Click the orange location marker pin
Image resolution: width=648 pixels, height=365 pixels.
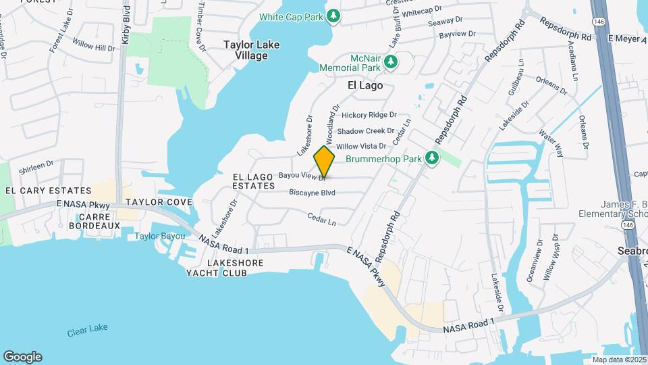pos(325,162)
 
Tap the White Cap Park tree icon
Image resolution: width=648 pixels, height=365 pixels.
pos(333,15)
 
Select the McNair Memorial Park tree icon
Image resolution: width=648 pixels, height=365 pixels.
pos(390,63)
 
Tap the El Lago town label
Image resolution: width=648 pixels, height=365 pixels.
pos(365,85)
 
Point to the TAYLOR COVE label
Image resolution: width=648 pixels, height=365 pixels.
pos(159,202)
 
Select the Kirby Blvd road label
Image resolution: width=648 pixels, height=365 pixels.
pos(126,26)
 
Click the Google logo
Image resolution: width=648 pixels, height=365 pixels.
pos(22,356)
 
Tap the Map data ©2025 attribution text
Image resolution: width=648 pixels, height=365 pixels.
pos(618,360)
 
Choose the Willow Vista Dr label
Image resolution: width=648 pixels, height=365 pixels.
pos(361,146)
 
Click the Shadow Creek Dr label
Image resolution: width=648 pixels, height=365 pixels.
pos(366,131)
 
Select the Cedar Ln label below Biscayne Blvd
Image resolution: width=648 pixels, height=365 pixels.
pos(321,220)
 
